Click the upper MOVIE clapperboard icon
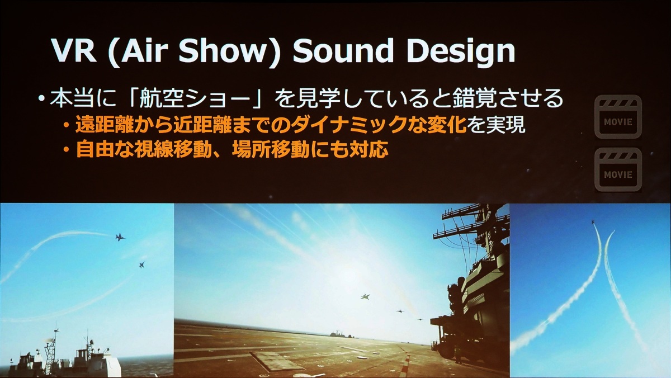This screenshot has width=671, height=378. (x=618, y=117)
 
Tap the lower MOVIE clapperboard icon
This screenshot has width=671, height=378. (x=618, y=169)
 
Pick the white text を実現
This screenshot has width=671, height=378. (x=496, y=124)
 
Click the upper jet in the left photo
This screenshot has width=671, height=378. (x=120, y=237)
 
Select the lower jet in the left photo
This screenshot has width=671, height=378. (x=141, y=264)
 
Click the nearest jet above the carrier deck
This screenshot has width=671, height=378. (x=365, y=296)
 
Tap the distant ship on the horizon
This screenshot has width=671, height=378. (x=339, y=334)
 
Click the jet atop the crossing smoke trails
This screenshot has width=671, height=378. (x=593, y=222)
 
